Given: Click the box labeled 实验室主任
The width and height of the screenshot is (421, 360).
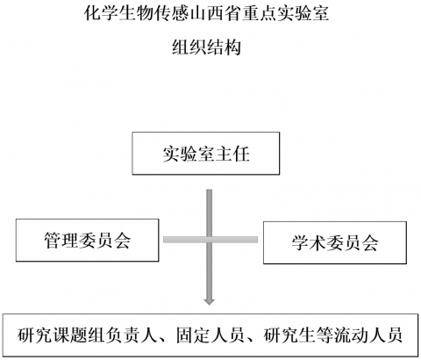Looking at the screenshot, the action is tap(206, 154).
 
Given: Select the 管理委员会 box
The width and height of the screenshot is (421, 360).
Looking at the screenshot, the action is tap(88, 240).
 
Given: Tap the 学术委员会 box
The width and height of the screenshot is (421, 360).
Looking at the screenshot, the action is tap(335, 242).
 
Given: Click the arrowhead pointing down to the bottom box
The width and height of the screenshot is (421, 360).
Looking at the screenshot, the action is tap(209, 301).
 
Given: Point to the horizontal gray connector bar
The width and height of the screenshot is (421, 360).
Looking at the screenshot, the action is tap(210, 240).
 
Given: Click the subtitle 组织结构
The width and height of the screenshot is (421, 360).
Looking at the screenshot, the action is tap(206, 47).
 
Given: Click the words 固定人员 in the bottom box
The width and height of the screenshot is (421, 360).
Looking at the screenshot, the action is tap(210, 335).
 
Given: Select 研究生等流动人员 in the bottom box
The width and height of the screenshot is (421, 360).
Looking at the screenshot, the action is tap(333, 335).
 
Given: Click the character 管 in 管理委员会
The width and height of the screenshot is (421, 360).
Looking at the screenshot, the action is tap(53, 241).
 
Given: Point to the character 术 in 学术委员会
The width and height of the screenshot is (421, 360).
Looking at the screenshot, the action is tap(318, 243).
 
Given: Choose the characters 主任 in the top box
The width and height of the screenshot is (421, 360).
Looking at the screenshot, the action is tap(232, 154).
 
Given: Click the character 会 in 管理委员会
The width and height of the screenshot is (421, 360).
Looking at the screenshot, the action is tap(122, 241).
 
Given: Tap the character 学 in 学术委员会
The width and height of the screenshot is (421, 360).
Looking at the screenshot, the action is tap(300, 243).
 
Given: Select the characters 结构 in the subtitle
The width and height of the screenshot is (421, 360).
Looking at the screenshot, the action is tap(224, 47).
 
